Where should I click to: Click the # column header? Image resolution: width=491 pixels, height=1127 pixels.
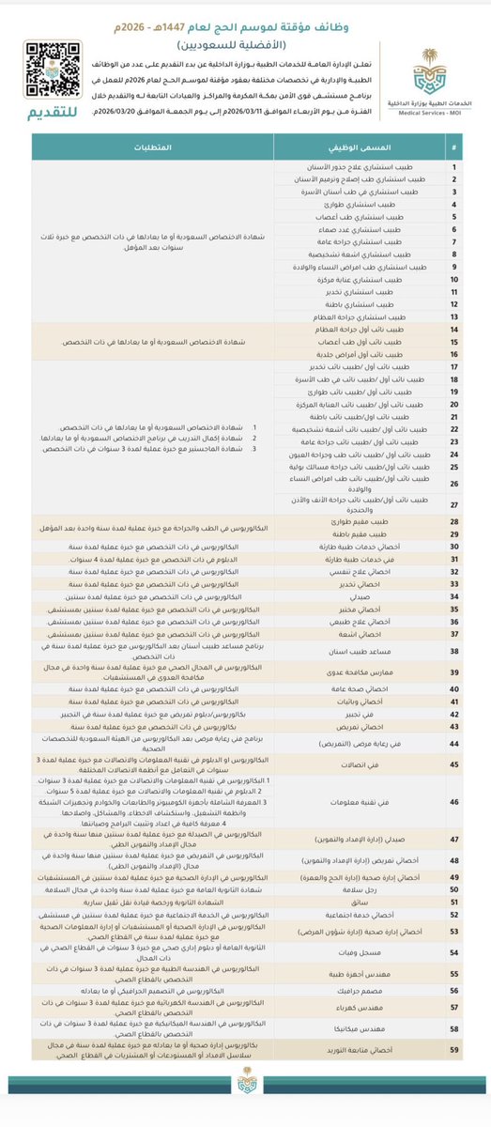click(x=455, y=149)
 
